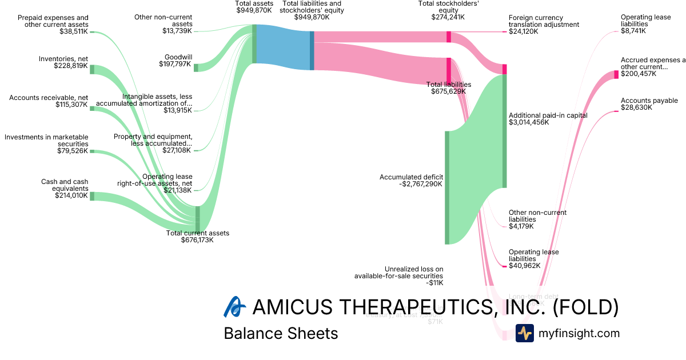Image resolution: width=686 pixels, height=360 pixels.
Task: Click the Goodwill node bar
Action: click(x=196, y=67)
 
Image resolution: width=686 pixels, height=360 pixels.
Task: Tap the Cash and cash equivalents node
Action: click(x=92, y=197)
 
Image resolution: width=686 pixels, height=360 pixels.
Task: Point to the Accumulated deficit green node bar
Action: click(x=447, y=187)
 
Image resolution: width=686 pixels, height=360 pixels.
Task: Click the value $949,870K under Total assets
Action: click(x=254, y=10)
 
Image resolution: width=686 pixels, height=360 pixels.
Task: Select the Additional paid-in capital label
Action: click(x=548, y=115)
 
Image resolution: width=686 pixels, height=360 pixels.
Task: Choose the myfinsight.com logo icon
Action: click(x=524, y=333)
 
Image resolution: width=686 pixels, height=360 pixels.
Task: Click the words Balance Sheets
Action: click(x=281, y=333)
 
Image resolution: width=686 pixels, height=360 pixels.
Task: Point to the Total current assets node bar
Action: click(x=198, y=219)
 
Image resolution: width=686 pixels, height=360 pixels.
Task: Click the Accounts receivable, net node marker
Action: click(x=92, y=107)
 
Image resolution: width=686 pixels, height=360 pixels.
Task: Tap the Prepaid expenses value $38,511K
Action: click(x=74, y=32)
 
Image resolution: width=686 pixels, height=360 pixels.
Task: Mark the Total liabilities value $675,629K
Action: click(x=448, y=91)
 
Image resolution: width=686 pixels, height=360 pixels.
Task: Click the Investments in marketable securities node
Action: click(x=92, y=151)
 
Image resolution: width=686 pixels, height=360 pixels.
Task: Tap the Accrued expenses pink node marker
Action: click(x=616, y=74)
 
